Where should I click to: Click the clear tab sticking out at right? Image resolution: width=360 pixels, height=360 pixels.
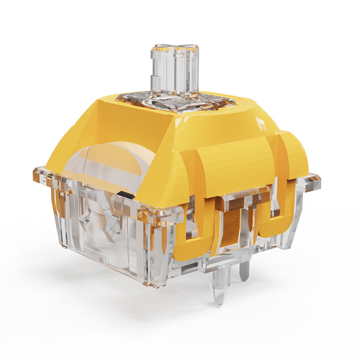pos(313,182)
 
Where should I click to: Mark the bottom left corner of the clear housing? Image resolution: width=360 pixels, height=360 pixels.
pos(67,245)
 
